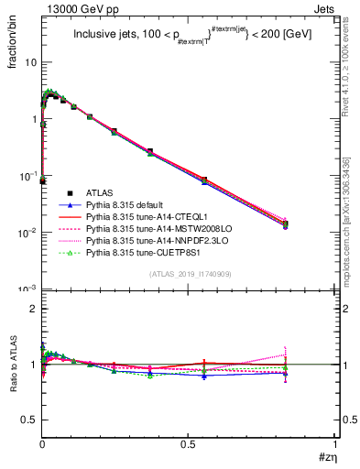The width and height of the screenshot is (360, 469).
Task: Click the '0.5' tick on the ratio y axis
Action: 28,420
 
